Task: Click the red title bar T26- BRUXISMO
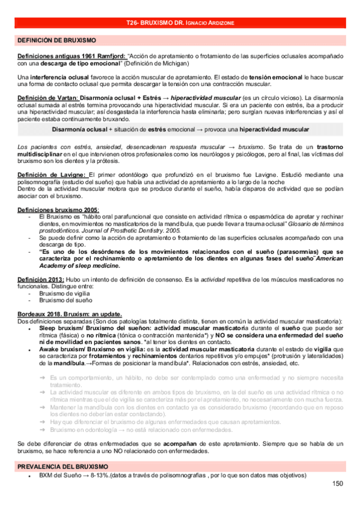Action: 180,22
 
